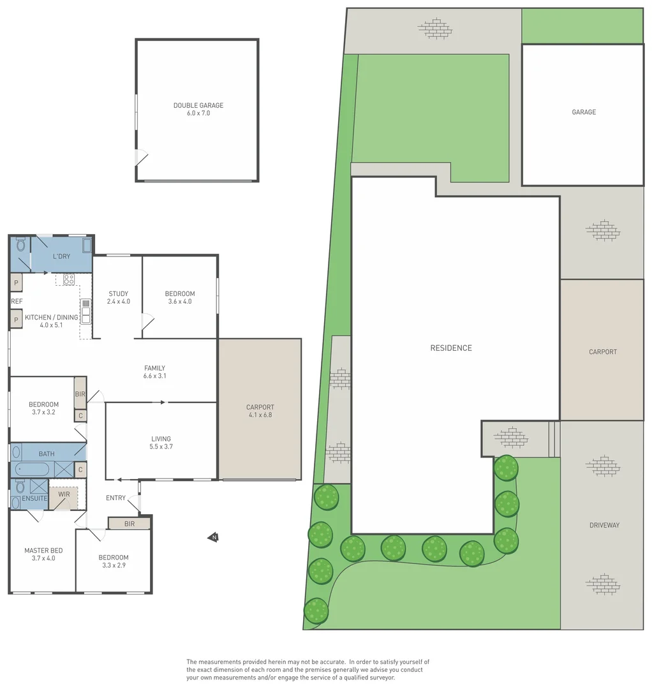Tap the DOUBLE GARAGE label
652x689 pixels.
[198, 105]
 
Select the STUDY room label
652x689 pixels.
[118, 293]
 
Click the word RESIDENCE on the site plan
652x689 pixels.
[451, 348]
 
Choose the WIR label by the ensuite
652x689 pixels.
[64, 494]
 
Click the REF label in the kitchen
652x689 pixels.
[17, 301]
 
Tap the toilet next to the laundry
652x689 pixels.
[20, 245]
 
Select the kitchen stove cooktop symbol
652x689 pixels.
[69, 279]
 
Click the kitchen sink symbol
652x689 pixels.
[85, 311]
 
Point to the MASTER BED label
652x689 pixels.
[43, 551]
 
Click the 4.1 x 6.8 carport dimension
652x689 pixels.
[260, 415]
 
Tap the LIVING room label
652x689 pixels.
[161, 439]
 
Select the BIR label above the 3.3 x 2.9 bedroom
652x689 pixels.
[130, 524]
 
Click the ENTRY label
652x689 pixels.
[115, 498]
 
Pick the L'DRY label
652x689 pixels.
[61, 256]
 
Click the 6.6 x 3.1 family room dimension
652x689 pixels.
[155, 376]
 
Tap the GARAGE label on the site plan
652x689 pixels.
[584, 112]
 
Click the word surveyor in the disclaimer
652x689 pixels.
[382, 677]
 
